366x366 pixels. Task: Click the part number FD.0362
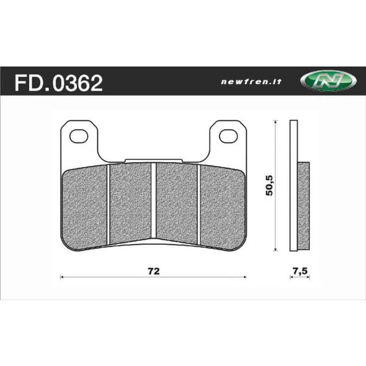(58, 83)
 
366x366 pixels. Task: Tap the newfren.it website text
(251, 82)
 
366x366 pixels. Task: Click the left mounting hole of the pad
(79, 136)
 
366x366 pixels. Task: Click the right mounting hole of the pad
(228, 136)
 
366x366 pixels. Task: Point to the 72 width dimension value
(153, 271)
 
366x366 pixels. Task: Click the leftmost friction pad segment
(85, 207)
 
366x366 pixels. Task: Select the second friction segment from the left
(130, 203)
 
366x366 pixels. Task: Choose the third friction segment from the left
(177, 203)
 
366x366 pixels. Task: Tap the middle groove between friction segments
(154, 201)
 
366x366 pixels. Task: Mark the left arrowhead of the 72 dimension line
(61, 277)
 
